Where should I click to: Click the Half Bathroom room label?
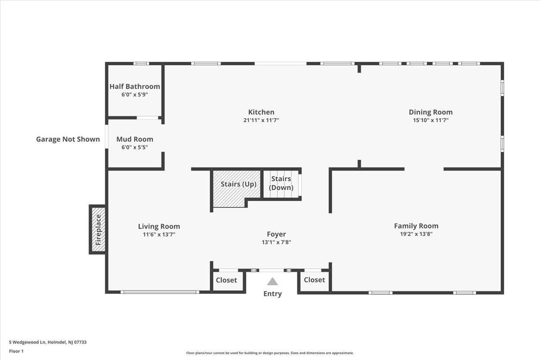(x=135, y=86)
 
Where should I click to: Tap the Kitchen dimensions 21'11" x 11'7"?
(x=261, y=120)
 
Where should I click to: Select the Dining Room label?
(x=431, y=112)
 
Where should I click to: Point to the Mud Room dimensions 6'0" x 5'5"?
(x=135, y=147)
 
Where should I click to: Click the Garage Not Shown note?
(x=68, y=139)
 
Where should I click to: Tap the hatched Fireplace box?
(x=99, y=229)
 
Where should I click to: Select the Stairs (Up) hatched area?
(x=237, y=189)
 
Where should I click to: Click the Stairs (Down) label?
(x=281, y=183)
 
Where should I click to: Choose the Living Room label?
(x=159, y=226)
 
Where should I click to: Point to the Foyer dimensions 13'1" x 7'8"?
(x=276, y=242)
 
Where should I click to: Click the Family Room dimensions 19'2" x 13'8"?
(x=416, y=234)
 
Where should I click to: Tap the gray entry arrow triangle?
(x=272, y=281)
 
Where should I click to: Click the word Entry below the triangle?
(x=272, y=294)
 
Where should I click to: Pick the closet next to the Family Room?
(x=315, y=280)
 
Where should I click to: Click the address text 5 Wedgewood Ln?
(x=27, y=342)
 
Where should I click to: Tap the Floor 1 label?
(x=16, y=351)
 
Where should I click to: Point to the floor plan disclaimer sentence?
(x=270, y=353)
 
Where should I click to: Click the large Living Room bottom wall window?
(x=160, y=292)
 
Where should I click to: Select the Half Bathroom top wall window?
(x=141, y=63)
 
